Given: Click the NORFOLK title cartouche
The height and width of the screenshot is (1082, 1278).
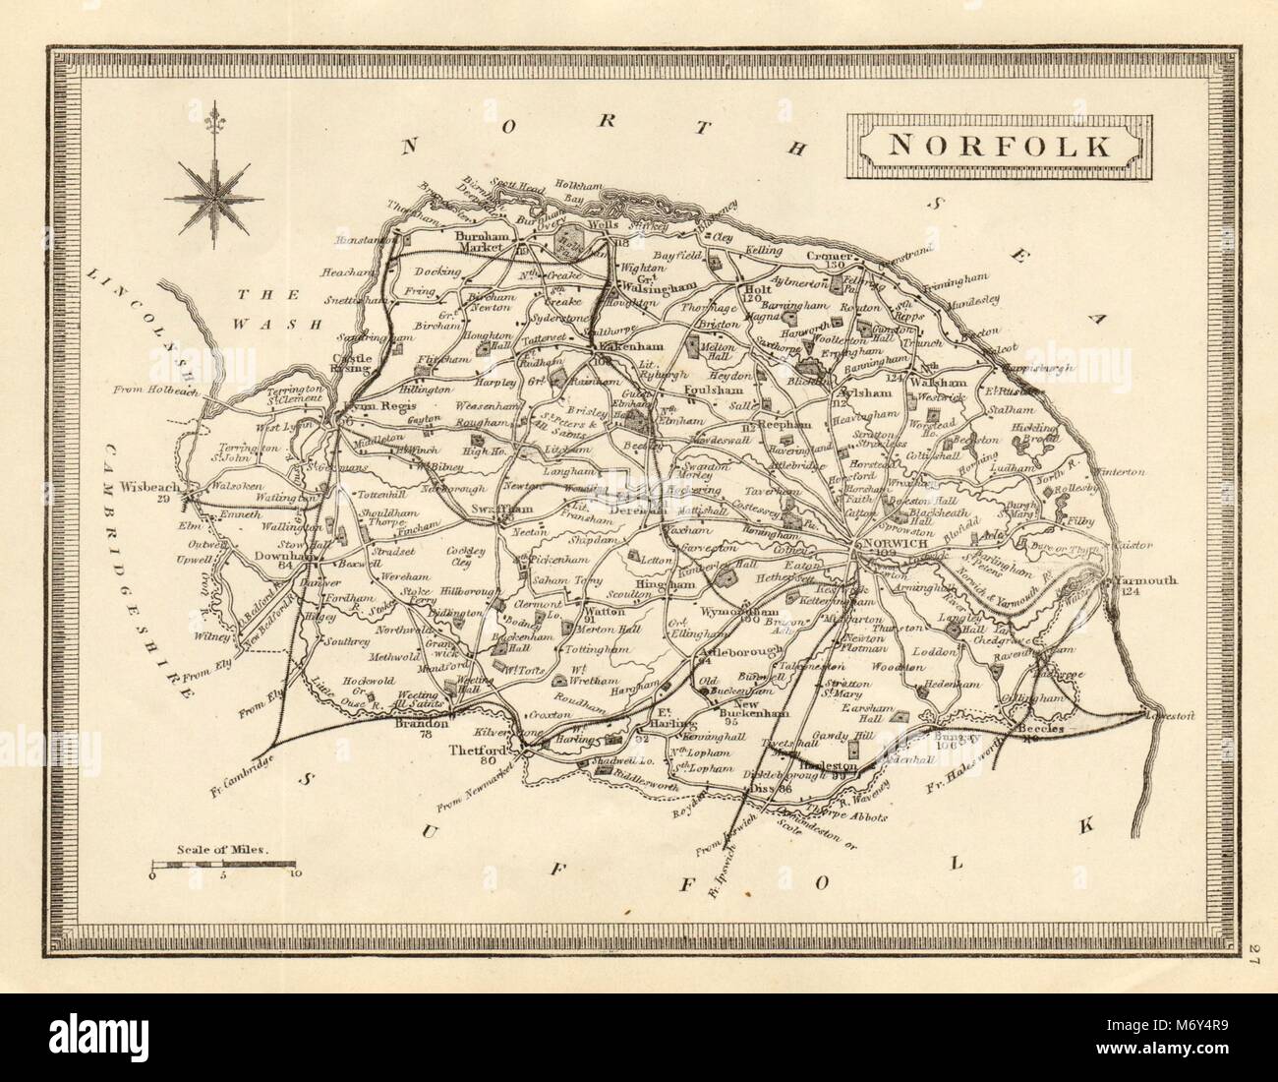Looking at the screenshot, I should coord(1001,147).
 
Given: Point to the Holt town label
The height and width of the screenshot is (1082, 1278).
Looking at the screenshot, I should coord(757,290).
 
